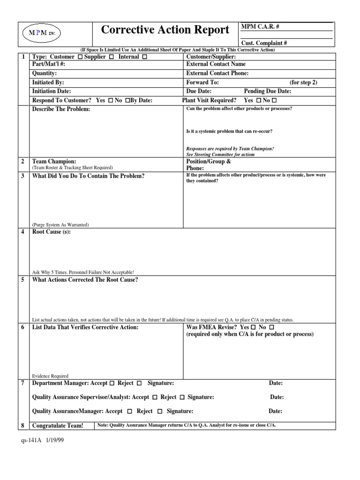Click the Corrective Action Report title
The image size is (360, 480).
click(165, 30)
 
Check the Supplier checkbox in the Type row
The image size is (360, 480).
click(111, 57)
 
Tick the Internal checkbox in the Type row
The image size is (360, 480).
click(144, 57)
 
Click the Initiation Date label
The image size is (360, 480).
click(52, 91)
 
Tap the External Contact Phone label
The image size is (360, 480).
click(217, 74)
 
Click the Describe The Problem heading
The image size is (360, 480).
click(60, 110)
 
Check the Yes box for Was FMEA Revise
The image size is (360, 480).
click(254, 327)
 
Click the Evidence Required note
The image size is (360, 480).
click(50, 376)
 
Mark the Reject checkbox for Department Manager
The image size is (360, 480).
click(139, 383)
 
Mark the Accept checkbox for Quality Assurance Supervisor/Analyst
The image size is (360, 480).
click(154, 397)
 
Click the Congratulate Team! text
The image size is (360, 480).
click(57, 426)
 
